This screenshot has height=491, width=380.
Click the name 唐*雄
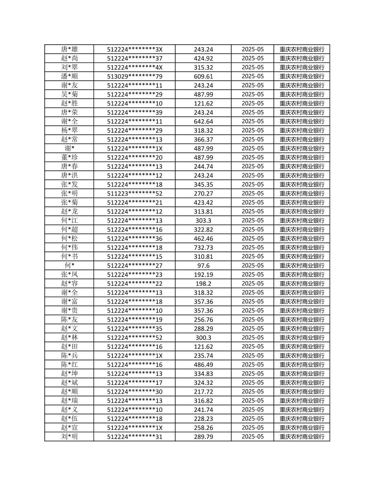[x=69, y=49]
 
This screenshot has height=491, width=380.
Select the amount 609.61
[x=203, y=76]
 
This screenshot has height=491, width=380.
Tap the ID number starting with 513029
[x=134, y=76]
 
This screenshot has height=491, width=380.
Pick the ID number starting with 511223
[x=134, y=193]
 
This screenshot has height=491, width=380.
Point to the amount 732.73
[x=203, y=247]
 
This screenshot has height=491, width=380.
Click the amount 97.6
[x=203, y=266]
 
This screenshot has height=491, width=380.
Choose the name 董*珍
[x=69, y=157]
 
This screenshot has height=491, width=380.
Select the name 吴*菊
[x=69, y=94]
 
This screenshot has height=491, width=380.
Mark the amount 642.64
[x=203, y=121]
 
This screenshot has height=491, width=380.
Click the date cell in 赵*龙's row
[x=252, y=211]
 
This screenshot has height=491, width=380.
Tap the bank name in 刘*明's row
[x=302, y=436]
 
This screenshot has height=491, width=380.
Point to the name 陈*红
[x=69, y=365]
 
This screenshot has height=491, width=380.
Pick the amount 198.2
[x=203, y=283]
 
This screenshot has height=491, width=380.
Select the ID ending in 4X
[x=134, y=67]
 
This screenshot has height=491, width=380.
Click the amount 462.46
[x=203, y=238]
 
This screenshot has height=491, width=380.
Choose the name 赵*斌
[x=69, y=382]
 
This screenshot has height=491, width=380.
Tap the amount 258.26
[x=203, y=427]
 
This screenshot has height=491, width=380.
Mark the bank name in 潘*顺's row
[x=302, y=76]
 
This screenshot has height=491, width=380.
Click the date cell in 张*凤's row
[x=252, y=275]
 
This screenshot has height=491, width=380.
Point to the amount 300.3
[x=203, y=337]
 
